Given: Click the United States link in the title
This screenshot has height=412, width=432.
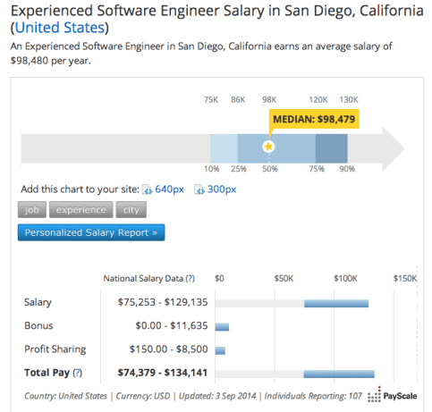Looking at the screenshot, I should pos(60,27).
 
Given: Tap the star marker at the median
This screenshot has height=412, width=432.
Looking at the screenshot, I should pos(268,146).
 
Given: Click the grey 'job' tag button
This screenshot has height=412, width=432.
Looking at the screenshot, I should pos(31,210).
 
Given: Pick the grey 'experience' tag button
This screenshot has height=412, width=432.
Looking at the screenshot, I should pos(80,210).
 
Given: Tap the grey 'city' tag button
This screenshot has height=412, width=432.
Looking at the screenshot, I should pos(131,210).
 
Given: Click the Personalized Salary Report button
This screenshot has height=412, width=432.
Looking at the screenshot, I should pos(90,233).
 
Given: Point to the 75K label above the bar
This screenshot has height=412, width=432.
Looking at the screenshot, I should pos(211,99).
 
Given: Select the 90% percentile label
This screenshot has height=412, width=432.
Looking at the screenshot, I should pos(347,169).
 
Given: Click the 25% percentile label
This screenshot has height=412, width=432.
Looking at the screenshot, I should pos(238,169).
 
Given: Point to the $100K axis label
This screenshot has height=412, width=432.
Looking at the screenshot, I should pos(345,278).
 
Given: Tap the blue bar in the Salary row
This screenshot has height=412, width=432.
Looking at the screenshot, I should pos(335,303).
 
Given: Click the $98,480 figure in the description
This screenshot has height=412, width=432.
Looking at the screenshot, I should pos(34,63).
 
